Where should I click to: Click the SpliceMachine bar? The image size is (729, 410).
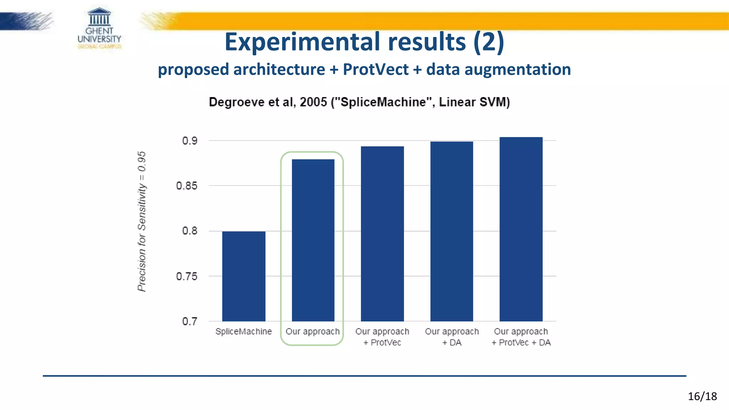(243, 276)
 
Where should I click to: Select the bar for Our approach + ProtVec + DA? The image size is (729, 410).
(521, 229)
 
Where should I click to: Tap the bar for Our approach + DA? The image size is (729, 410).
(451, 231)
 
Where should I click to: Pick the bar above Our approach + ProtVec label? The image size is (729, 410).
(382, 233)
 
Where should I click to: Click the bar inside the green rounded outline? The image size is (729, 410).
(313, 240)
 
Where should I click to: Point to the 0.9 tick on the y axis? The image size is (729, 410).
(190, 141)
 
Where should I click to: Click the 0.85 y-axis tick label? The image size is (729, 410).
(187, 186)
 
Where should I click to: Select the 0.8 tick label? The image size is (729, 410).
(190, 231)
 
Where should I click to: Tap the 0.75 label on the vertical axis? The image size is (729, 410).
(187, 276)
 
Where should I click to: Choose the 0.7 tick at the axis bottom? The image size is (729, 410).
(190, 321)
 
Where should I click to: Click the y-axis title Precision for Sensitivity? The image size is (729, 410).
(142, 221)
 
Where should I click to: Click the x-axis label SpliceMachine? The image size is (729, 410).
(243, 331)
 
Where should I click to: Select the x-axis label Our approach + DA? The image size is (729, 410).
(452, 337)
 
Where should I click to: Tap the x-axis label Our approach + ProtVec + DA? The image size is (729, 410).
(521, 337)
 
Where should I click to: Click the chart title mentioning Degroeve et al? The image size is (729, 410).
(359, 102)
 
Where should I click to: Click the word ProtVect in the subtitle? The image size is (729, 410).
(375, 69)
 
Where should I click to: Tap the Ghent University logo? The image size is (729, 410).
(99, 28)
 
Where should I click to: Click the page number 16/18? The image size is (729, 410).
(702, 396)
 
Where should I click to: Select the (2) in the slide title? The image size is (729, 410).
(488, 42)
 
